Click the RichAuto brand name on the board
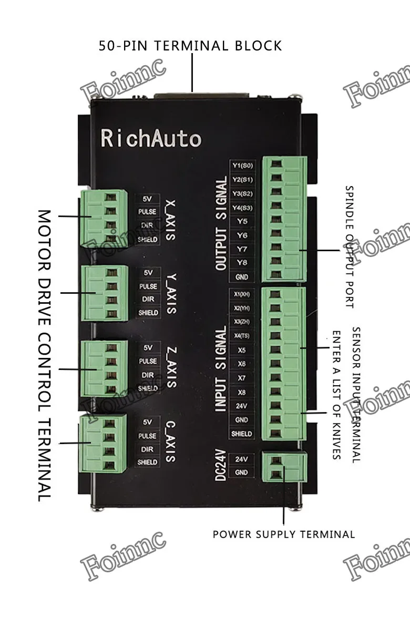point(150,139)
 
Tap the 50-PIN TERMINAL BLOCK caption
point(190,46)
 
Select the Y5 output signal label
point(242,221)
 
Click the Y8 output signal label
point(242,262)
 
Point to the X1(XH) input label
point(243,294)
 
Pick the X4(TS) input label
point(243,336)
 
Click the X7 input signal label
point(242,378)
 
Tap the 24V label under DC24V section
point(241,459)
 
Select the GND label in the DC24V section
point(241,472)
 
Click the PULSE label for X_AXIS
point(148,212)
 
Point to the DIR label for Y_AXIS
point(147,300)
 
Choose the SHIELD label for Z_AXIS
point(148,388)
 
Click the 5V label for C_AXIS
point(147,422)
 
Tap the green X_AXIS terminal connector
point(104,218)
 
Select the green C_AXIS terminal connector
point(103,443)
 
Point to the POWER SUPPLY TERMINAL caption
point(283,535)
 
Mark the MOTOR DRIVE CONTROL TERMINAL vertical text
point(45,355)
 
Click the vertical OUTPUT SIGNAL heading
point(222,223)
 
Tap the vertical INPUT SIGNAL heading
point(221,368)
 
